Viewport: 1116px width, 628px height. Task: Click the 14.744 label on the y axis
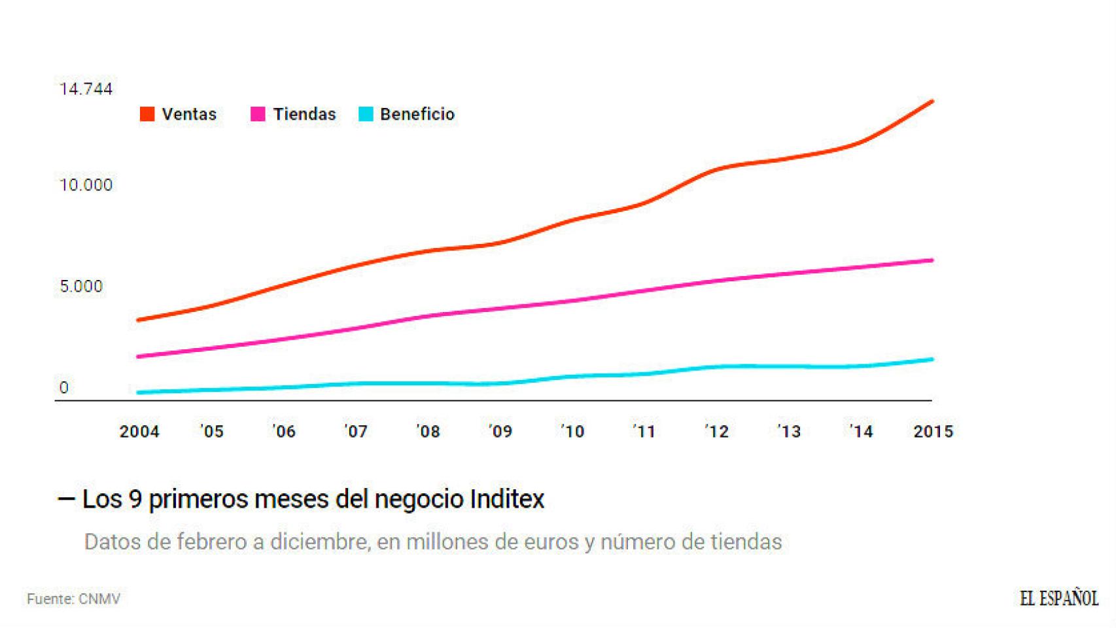tap(86, 89)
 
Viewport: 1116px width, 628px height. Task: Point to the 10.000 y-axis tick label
tap(86, 185)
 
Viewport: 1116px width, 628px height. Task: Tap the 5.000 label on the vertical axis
tap(81, 287)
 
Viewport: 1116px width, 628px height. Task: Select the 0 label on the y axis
tap(64, 387)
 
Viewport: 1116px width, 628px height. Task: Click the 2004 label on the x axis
tap(139, 432)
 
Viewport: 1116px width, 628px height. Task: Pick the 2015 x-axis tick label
tap(933, 432)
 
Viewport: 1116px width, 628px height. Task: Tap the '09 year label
tap(500, 432)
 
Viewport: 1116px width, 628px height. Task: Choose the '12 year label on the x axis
tap(716, 432)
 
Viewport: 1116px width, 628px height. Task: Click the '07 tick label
tap(356, 432)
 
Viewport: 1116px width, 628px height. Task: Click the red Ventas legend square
tap(147, 114)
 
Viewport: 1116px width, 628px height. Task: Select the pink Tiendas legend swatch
tap(258, 114)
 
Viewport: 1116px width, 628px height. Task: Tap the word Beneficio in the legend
tap(417, 114)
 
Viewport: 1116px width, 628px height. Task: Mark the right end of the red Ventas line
tap(932, 101)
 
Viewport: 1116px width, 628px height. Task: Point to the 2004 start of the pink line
tap(139, 357)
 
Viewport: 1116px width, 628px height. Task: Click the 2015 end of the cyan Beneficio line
tap(932, 359)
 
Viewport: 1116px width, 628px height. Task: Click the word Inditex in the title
tap(507, 499)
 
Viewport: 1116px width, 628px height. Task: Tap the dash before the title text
tap(66, 499)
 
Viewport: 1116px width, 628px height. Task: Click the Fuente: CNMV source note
tap(73, 599)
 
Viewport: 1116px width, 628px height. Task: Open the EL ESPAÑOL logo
tap(1058, 598)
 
